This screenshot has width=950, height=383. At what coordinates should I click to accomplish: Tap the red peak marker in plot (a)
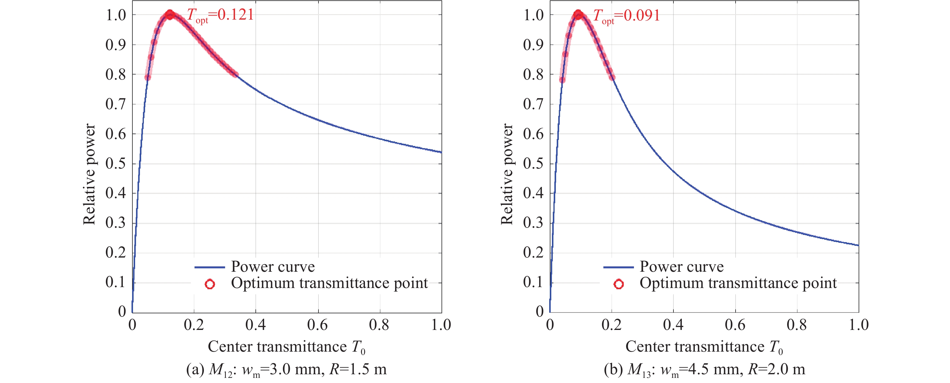169,15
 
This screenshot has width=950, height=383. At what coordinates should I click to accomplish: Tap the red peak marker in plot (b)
578,15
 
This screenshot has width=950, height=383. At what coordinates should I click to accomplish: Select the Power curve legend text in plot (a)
273,267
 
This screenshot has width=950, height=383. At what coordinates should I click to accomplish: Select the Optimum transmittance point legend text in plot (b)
738,283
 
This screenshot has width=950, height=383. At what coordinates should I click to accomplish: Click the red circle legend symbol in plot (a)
210,284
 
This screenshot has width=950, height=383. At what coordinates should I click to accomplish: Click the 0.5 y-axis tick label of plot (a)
116,163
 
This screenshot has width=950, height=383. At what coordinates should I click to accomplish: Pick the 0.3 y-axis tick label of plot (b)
533,223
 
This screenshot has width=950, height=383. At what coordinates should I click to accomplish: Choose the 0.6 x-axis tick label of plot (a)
318,325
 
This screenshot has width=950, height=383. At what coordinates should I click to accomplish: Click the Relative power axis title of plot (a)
89,174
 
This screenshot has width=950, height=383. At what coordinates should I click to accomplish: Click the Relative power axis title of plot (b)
507,174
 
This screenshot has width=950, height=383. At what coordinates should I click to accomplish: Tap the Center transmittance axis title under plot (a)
287,347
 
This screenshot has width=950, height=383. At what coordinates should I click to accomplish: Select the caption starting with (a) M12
287,369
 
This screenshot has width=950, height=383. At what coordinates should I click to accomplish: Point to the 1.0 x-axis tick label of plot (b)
859,325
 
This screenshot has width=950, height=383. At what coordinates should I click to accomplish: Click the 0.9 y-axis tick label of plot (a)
116,45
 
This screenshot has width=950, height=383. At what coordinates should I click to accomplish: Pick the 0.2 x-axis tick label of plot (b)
611,325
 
